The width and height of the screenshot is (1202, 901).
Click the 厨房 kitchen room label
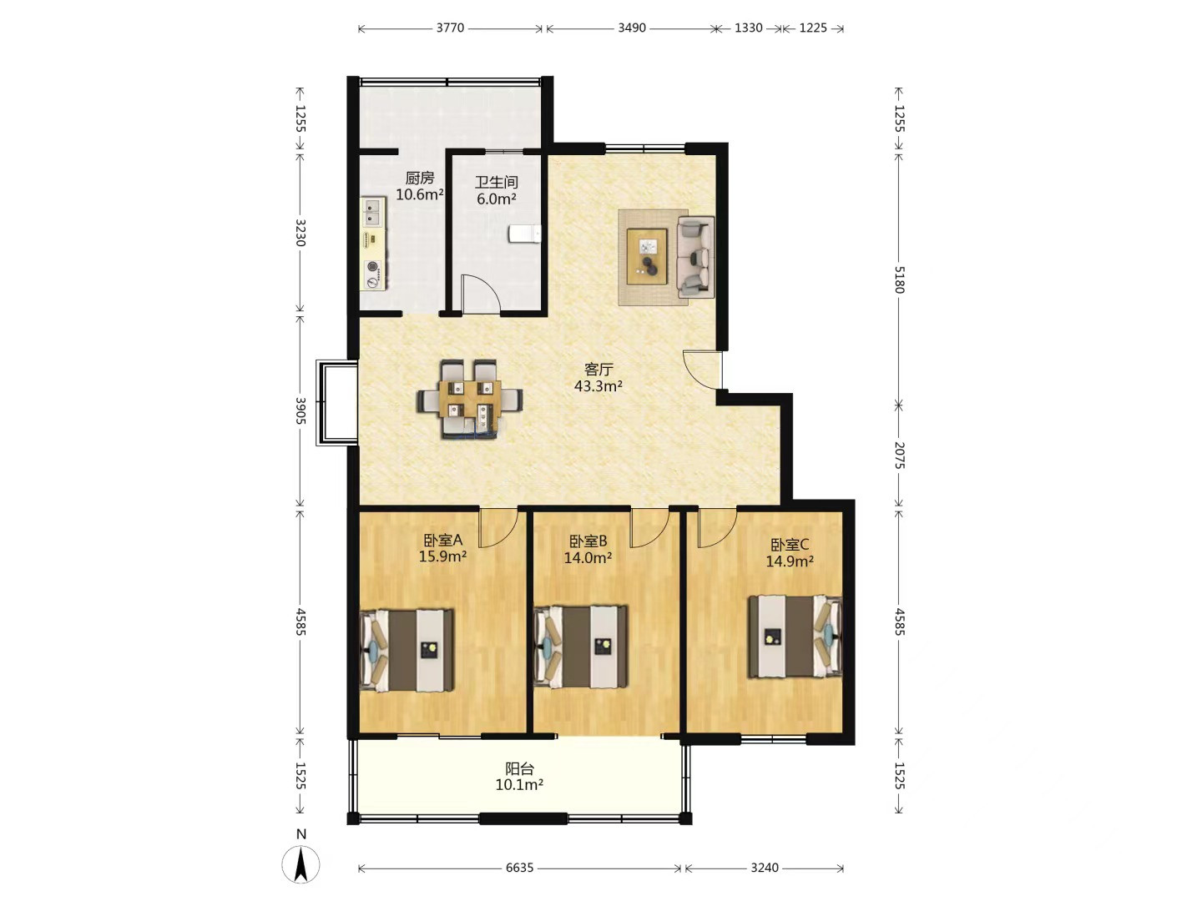coord(420,178)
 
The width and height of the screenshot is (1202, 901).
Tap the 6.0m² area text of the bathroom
coord(496,199)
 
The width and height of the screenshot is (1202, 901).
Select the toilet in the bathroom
coord(524,234)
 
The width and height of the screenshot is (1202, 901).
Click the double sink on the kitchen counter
coord(372,213)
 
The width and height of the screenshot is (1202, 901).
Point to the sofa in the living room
coord(695,257)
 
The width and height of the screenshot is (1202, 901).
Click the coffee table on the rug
coord(647,256)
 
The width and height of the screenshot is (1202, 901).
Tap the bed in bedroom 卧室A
coord(407,651)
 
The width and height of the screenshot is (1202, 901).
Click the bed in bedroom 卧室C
coord(795,637)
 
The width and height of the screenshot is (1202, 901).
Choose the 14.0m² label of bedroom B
coord(588,558)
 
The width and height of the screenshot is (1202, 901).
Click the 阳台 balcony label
coord(519,768)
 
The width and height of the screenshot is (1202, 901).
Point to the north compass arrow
coord(300,863)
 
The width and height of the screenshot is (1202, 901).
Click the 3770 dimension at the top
coord(450,28)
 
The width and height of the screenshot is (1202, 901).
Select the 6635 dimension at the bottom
coord(519,868)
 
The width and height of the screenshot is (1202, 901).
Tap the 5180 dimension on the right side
coord(899,280)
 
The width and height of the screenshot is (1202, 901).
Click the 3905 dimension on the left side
coord(300,410)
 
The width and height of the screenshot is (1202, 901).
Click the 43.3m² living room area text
coord(598,386)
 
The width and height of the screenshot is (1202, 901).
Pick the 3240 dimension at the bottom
coord(765,868)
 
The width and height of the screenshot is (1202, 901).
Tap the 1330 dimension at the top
coord(748,28)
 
